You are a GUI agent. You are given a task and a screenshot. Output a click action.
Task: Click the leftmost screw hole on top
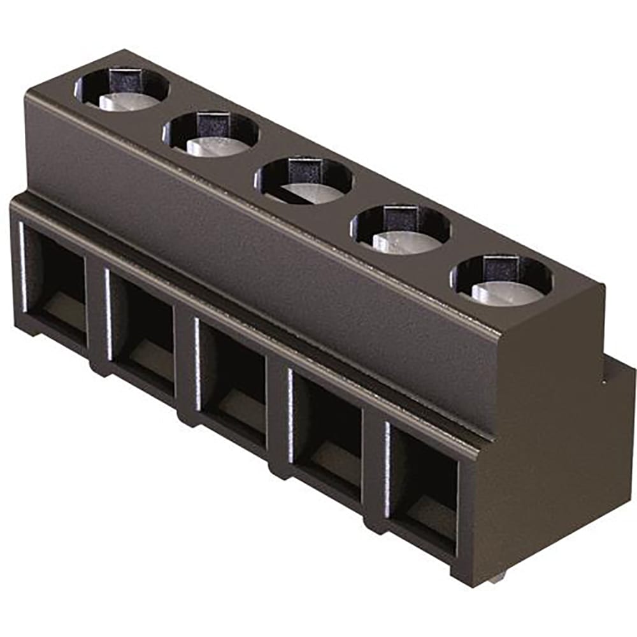122,89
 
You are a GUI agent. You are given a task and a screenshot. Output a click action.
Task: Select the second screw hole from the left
211,133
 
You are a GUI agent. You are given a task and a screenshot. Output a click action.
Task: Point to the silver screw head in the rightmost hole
506,293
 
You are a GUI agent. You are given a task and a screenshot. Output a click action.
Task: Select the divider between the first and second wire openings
97,315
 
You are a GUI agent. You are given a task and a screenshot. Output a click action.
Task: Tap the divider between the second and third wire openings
184,363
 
